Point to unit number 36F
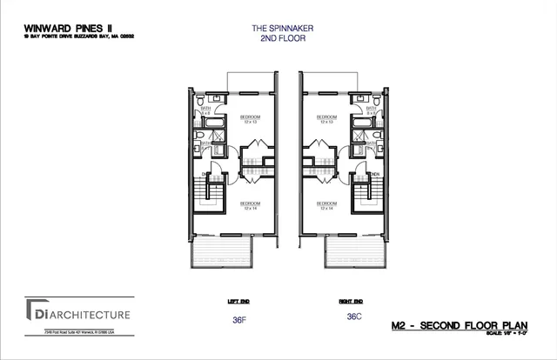[240, 319]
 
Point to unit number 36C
[353, 317]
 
